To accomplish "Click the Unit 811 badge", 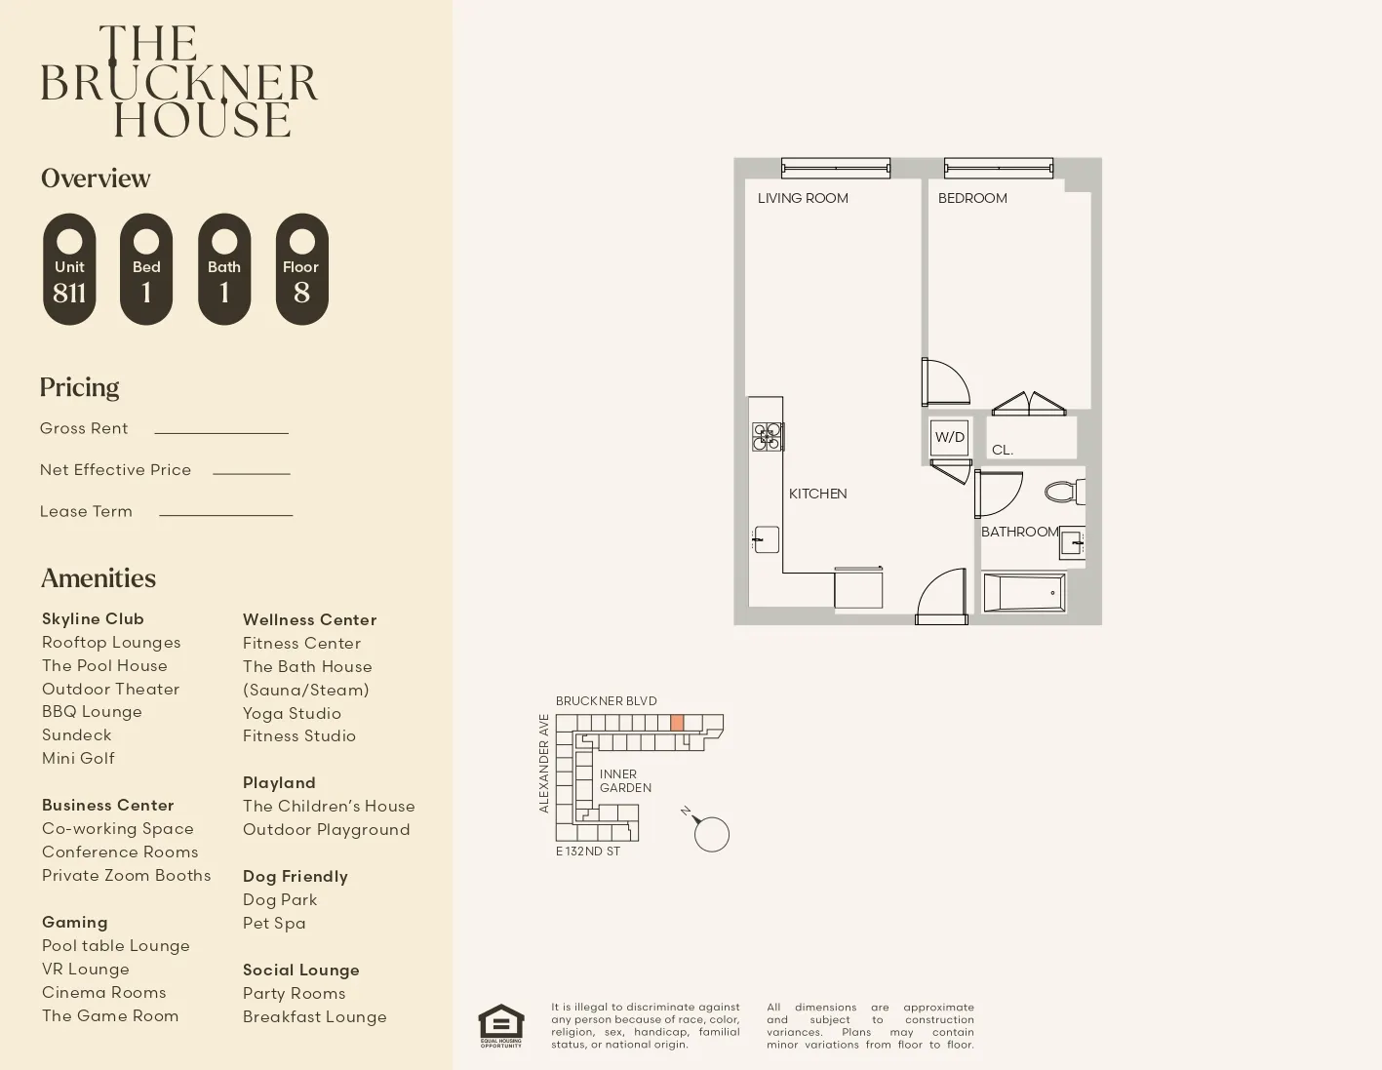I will [69, 269].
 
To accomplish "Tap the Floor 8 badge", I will [301, 269].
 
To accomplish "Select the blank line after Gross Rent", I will [221, 431].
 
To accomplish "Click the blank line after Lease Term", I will [225, 513].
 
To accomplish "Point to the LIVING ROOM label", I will [803, 198].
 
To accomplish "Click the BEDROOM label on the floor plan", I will [972, 198].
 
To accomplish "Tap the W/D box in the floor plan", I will [949, 437].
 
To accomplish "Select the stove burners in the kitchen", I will [767, 437].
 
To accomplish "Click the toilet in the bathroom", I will [1064, 492].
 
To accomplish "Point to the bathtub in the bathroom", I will [1024, 592].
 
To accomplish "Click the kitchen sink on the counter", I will [766, 539].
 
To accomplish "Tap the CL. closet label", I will [1003, 450].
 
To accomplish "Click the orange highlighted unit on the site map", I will [677, 723].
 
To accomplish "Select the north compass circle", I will [712, 834].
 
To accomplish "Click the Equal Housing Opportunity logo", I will [500, 1025].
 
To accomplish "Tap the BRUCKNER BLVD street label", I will [606, 701].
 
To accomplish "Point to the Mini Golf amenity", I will [78, 758].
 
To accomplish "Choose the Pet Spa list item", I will [274, 923].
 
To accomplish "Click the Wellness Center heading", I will [309, 619].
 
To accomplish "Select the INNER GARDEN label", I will [625, 780].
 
